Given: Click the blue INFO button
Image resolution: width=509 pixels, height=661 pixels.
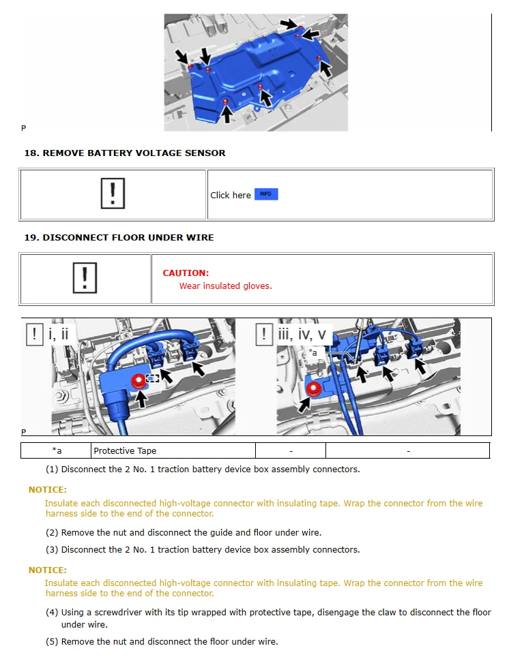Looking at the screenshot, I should click(266, 194).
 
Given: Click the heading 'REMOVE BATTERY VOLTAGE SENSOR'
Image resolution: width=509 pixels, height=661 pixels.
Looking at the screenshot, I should click(134, 153).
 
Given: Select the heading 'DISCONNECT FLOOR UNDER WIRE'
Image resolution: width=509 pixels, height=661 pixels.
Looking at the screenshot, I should click(128, 238).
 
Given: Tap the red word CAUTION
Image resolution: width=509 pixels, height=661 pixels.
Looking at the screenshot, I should click(186, 273).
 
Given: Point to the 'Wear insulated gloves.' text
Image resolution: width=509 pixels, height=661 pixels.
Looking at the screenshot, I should click(225, 286).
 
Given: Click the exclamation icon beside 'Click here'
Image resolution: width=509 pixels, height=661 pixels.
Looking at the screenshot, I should click(113, 194).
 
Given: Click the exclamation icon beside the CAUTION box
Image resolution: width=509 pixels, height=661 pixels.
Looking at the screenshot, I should click(85, 279).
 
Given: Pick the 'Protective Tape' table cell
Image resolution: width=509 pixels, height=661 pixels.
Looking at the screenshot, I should click(125, 451).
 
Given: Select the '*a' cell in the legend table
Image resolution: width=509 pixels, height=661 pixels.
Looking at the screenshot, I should click(57, 451).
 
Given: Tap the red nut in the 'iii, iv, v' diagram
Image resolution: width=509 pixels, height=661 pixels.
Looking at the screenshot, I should click(314, 389).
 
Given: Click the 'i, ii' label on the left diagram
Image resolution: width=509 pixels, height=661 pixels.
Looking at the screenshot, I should click(59, 335).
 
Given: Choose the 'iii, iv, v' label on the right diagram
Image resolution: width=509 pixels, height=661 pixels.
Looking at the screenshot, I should click(302, 335).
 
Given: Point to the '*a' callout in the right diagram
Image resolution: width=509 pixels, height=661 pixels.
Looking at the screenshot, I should click(313, 352).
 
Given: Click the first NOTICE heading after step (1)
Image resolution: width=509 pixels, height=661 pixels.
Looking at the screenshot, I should click(47, 490).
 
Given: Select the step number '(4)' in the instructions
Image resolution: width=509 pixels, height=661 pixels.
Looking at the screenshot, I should click(52, 613).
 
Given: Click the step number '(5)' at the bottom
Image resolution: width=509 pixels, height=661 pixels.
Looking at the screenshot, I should click(52, 642).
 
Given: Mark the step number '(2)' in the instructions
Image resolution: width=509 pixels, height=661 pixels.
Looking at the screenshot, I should click(52, 533).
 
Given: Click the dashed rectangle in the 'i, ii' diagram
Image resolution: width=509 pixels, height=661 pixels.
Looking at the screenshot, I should click(153, 378).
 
